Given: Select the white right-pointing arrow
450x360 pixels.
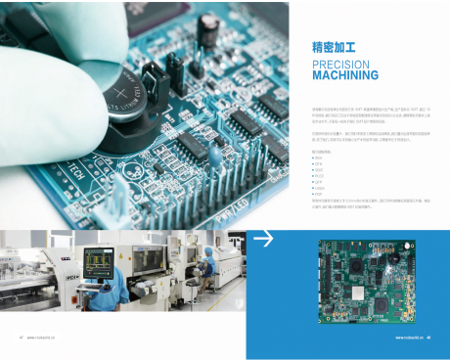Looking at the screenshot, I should [x=263, y=239].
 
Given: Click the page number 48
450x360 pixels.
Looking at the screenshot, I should [x=442, y=337].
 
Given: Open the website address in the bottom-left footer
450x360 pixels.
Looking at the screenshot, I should [x=44, y=337].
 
